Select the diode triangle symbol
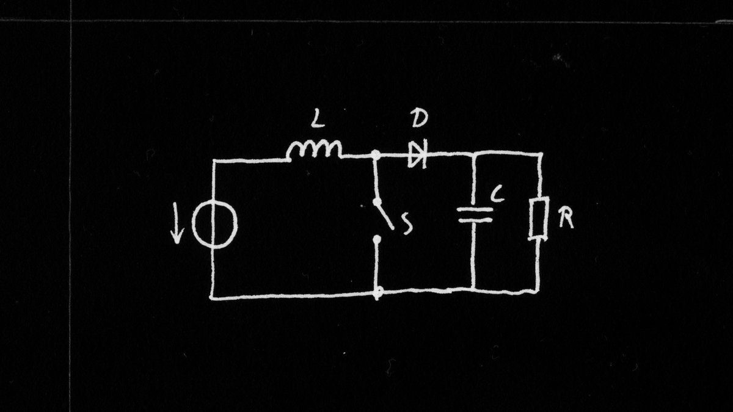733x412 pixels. tap(417, 154)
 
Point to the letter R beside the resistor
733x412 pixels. tap(566, 219)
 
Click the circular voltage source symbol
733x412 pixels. tap(214, 226)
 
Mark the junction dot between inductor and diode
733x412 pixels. tap(377, 156)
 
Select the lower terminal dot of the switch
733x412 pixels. tap(377, 242)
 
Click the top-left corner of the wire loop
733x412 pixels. tap(213, 161)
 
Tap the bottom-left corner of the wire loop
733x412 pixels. tap(212, 298)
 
